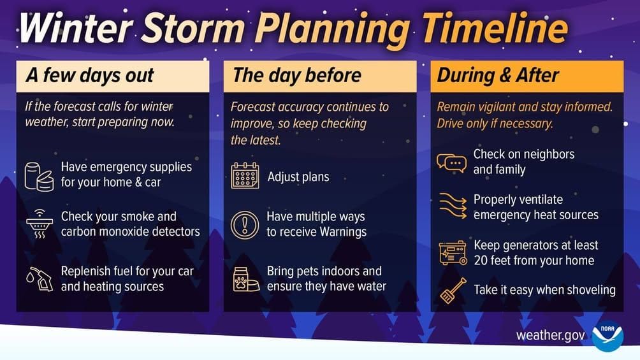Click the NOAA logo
[607, 336]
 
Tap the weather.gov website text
[550, 336]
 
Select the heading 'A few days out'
[90, 76]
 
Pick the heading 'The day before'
[297, 76]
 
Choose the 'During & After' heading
[498, 76]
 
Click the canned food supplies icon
[39, 175]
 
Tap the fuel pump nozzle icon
[39, 278]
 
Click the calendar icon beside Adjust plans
[245, 176]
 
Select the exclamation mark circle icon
[245, 225]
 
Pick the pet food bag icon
[245, 279]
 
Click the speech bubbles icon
[451, 162]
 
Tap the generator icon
[452, 253]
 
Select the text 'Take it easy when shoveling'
[544, 291]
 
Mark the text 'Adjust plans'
[298, 177]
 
